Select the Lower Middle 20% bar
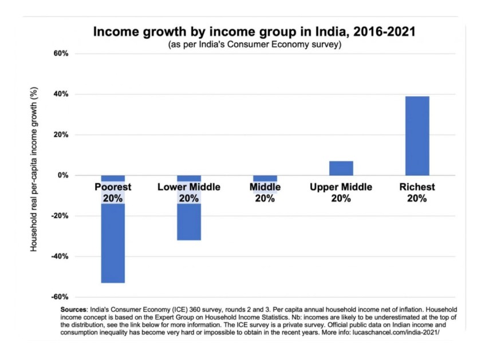(188, 223)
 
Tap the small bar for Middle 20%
(265, 179)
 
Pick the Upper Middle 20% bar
(341, 168)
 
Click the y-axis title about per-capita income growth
(34, 175)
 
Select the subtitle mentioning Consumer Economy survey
(255, 45)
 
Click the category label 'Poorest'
(113, 187)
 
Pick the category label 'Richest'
(417, 187)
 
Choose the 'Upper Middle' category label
(341, 187)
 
